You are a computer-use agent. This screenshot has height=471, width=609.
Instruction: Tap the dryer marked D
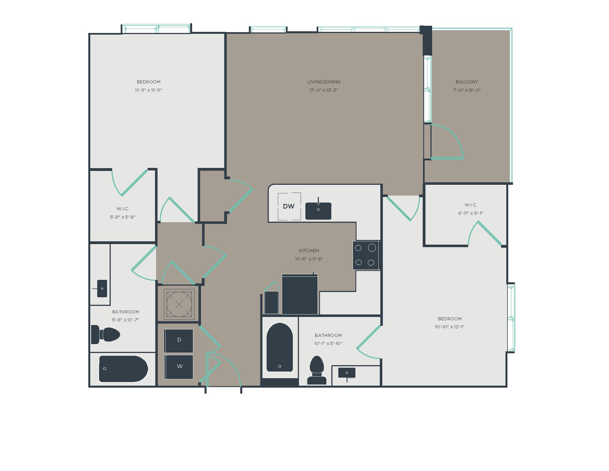click(179, 340)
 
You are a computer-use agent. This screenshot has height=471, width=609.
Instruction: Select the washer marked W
click(179, 367)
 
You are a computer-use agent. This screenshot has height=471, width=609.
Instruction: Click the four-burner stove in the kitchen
click(366, 255)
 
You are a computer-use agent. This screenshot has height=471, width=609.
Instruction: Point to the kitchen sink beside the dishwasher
click(318, 211)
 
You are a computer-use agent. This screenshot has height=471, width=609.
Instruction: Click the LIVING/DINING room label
click(324, 82)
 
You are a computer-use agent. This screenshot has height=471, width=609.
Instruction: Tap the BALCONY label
click(467, 82)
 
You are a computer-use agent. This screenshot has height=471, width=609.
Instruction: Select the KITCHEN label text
click(309, 251)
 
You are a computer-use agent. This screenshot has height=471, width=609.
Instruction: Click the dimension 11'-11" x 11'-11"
click(148, 90)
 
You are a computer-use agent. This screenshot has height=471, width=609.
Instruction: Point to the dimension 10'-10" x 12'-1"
click(449, 327)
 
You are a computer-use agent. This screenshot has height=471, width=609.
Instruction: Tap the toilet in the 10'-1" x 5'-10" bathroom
click(317, 370)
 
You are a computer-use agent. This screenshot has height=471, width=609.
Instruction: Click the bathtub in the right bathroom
click(280, 348)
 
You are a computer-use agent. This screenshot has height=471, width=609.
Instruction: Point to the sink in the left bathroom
click(102, 288)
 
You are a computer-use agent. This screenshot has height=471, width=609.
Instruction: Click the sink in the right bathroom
click(347, 373)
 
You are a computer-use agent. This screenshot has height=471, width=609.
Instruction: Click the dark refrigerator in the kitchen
click(300, 294)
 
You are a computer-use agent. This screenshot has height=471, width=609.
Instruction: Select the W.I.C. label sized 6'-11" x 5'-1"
click(470, 205)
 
